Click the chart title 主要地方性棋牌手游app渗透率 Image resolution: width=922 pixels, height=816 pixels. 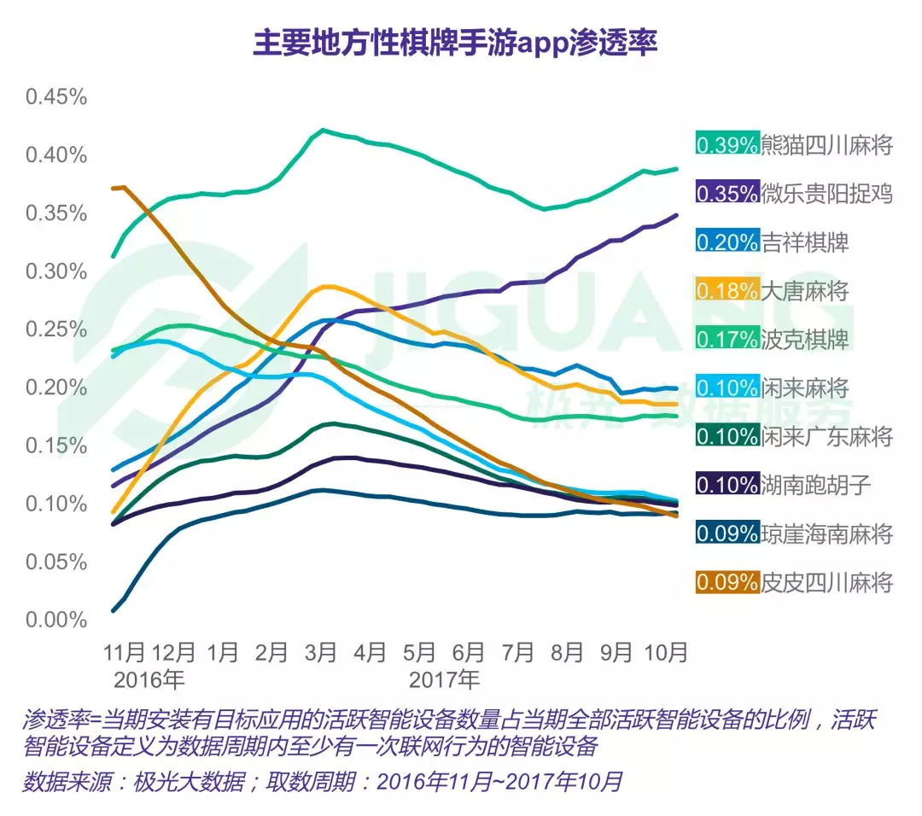455,42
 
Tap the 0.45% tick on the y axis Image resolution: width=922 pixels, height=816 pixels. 56,96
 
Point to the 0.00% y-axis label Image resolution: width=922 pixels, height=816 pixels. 56,620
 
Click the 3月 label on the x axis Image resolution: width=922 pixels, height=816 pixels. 320,653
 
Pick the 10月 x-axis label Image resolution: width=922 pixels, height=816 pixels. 664,653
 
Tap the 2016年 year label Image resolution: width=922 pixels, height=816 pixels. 149,680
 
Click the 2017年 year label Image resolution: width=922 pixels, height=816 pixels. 444,680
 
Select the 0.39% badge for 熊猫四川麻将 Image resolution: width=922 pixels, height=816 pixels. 727,144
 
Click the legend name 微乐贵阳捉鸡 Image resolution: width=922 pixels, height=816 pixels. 826,193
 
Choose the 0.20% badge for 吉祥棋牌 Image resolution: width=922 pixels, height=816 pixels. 727,242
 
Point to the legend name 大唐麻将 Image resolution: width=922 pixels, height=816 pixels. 805,290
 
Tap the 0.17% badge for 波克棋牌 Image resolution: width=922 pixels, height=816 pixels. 727,339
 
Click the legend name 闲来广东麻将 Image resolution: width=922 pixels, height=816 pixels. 826,437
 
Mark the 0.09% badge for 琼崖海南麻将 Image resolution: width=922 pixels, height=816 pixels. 727,534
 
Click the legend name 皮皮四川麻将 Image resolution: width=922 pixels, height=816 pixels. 826,583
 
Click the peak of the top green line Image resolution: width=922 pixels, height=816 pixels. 322,130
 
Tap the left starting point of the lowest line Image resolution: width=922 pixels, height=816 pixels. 114,610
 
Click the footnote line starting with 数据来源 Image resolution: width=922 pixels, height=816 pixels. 323,782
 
